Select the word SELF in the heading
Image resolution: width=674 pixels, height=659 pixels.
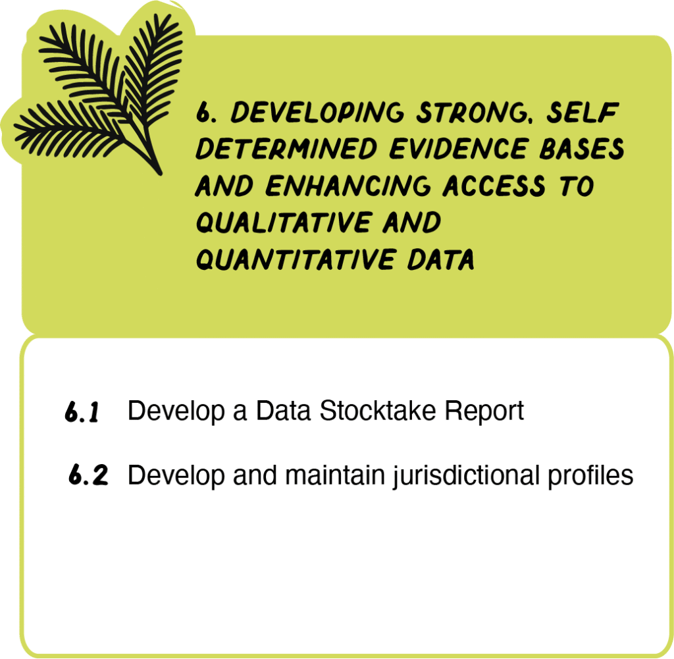(583, 113)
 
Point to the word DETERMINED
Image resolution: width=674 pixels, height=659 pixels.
(286, 149)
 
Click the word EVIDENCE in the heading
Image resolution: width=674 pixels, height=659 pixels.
(458, 149)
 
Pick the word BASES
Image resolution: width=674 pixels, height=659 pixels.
(582, 149)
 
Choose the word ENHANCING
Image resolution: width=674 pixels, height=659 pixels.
(348, 186)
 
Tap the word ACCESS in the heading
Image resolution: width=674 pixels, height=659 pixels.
(494, 186)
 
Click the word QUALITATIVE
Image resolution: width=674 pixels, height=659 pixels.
(283, 223)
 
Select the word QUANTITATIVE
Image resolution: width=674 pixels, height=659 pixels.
(295, 259)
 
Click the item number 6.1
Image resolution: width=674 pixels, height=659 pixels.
(82, 411)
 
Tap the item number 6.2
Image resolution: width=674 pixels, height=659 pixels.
(88, 475)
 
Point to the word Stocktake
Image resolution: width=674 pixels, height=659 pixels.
(377, 411)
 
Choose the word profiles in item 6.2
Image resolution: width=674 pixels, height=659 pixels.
(590, 476)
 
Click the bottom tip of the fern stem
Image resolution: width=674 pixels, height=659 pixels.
(161, 174)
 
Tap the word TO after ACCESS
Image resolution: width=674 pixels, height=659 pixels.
(577, 186)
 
